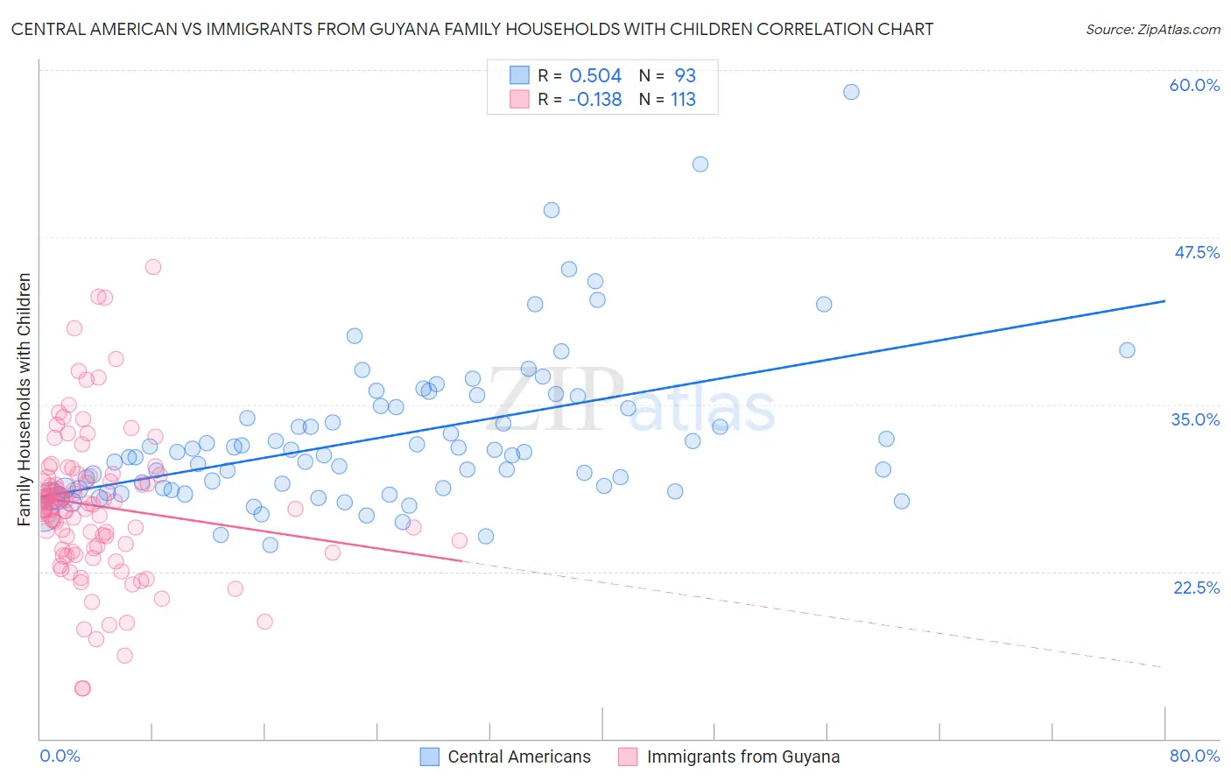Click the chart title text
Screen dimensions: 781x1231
point(472,29)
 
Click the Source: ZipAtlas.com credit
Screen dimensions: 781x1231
point(1152,29)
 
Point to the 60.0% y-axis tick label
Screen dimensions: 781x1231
point(1194,85)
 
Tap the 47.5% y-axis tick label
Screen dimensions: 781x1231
point(1196,252)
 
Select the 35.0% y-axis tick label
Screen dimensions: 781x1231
point(1195,419)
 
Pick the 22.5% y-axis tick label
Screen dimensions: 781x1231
point(1196,588)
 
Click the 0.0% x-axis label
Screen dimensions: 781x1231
point(60,756)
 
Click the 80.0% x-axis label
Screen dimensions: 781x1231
point(1194,756)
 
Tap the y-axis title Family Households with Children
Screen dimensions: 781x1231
point(25,399)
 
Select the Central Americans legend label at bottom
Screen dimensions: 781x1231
point(519,756)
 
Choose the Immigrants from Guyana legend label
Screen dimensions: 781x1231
point(742,756)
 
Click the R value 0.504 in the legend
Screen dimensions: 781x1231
point(595,76)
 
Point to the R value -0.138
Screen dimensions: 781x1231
point(594,100)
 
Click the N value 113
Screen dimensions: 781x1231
point(683,100)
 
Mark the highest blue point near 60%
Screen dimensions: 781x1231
point(851,92)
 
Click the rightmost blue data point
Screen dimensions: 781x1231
point(1127,350)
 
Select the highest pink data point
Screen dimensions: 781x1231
point(153,267)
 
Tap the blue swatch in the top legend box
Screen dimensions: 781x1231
point(519,75)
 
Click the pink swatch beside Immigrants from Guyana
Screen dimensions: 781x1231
point(628,756)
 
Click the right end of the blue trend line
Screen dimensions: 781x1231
point(1164,301)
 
